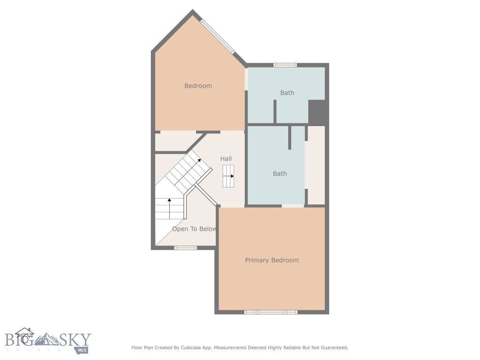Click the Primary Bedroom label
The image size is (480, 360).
(x=271, y=260)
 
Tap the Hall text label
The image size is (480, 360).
(x=226, y=159)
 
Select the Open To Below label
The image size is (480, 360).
(x=194, y=229)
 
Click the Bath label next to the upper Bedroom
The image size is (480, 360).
(x=287, y=93)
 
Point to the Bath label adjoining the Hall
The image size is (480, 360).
(x=280, y=173)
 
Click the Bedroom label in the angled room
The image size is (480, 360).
(x=198, y=86)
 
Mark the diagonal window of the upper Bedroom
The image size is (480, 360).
(x=217, y=36)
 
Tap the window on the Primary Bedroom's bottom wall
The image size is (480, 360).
(x=271, y=312)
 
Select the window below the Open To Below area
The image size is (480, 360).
(x=186, y=247)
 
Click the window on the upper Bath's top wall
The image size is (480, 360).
(x=285, y=65)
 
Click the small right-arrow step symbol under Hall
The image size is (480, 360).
(x=228, y=176)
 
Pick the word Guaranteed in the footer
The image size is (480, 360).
(x=333, y=348)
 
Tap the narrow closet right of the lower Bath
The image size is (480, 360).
(x=316, y=165)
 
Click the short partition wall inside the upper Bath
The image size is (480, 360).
(x=275, y=111)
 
